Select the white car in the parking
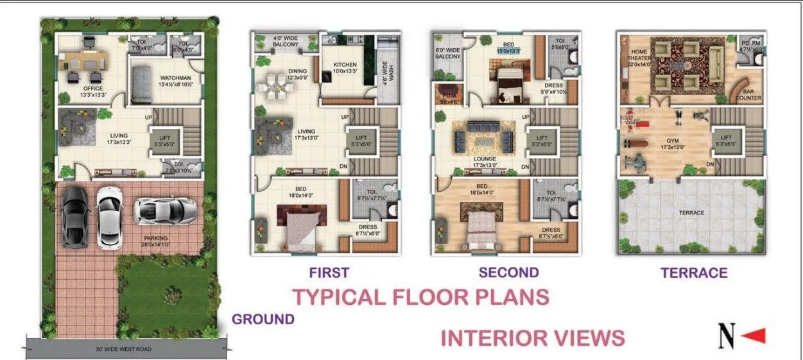click(108, 218)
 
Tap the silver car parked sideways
click(166, 210)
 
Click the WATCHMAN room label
click(175, 78)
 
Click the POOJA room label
click(447, 94)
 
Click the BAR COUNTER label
click(748, 94)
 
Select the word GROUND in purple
click(263, 319)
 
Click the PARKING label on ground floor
click(155, 238)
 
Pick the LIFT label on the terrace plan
click(725, 137)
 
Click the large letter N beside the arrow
click(726, 336)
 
